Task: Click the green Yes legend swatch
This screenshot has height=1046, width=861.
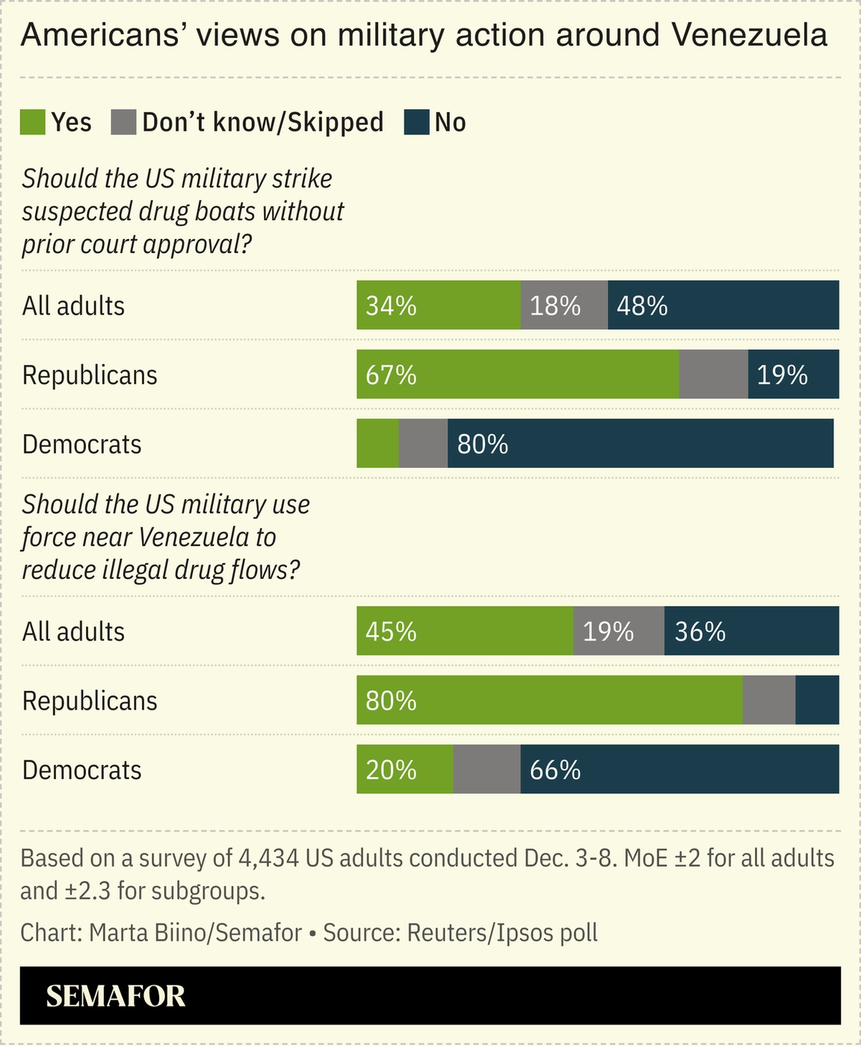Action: pos(33,123)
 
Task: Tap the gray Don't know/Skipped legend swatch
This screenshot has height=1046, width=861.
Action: pos(123,123)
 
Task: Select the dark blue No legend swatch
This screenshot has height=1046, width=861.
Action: pos(416,123)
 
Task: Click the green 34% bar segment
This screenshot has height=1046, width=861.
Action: pos(438,306)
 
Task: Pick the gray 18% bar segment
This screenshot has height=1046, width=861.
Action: pos(564,306)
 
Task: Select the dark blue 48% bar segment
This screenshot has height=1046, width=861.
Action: pos(723,306)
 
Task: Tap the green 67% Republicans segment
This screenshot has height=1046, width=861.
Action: pos(517,374)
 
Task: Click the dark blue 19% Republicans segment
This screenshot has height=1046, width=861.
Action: pos(793,374)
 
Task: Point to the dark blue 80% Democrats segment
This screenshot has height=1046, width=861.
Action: pos(640,444)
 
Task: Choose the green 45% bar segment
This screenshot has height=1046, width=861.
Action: pos(464,631)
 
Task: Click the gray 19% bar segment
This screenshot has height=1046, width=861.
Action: pos(618,631)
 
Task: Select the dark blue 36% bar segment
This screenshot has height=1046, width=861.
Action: pos(751,631)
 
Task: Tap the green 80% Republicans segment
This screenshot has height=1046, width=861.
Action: pos(549,700)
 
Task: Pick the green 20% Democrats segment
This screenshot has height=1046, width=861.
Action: pos(404,770)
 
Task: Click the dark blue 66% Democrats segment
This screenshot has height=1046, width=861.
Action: pos(679,770)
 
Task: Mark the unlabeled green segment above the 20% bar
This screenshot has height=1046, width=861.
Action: pos(377,444)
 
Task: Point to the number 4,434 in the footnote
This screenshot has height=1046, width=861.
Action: pos(268,858)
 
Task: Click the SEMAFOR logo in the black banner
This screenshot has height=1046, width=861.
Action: pos(116,996)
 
